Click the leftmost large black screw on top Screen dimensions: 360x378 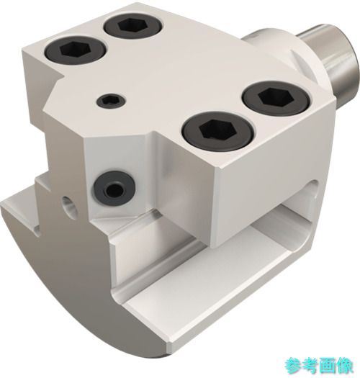(x=76, y=50)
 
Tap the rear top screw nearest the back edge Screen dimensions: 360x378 (x=133, y=26)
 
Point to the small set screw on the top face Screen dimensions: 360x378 (x=111, y=101)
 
